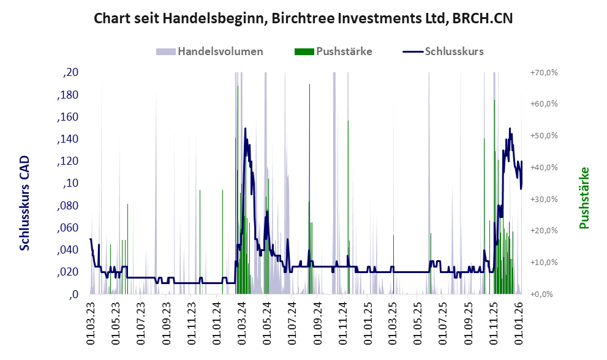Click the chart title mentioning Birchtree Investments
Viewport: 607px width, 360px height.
tap(303, 18)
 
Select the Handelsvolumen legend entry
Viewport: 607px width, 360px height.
tap(220, 51)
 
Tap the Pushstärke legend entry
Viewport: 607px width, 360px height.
tap(344, 51)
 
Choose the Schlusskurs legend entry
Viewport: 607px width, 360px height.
tap(453, 51)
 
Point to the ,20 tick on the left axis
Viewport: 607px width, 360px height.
tap(71, 73)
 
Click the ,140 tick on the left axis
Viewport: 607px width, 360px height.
tap(67, 139)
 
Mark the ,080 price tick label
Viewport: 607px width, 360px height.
tap(67, 206)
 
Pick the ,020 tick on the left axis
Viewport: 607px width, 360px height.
tap(67, 272)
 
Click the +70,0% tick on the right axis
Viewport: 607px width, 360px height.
tap(543, 73)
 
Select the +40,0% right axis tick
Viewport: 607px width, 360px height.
tap(543, 168)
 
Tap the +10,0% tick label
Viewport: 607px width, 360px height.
tap(543, 263)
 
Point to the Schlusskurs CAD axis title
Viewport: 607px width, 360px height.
tap(25, 203)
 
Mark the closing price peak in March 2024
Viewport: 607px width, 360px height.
tap(245, 129)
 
